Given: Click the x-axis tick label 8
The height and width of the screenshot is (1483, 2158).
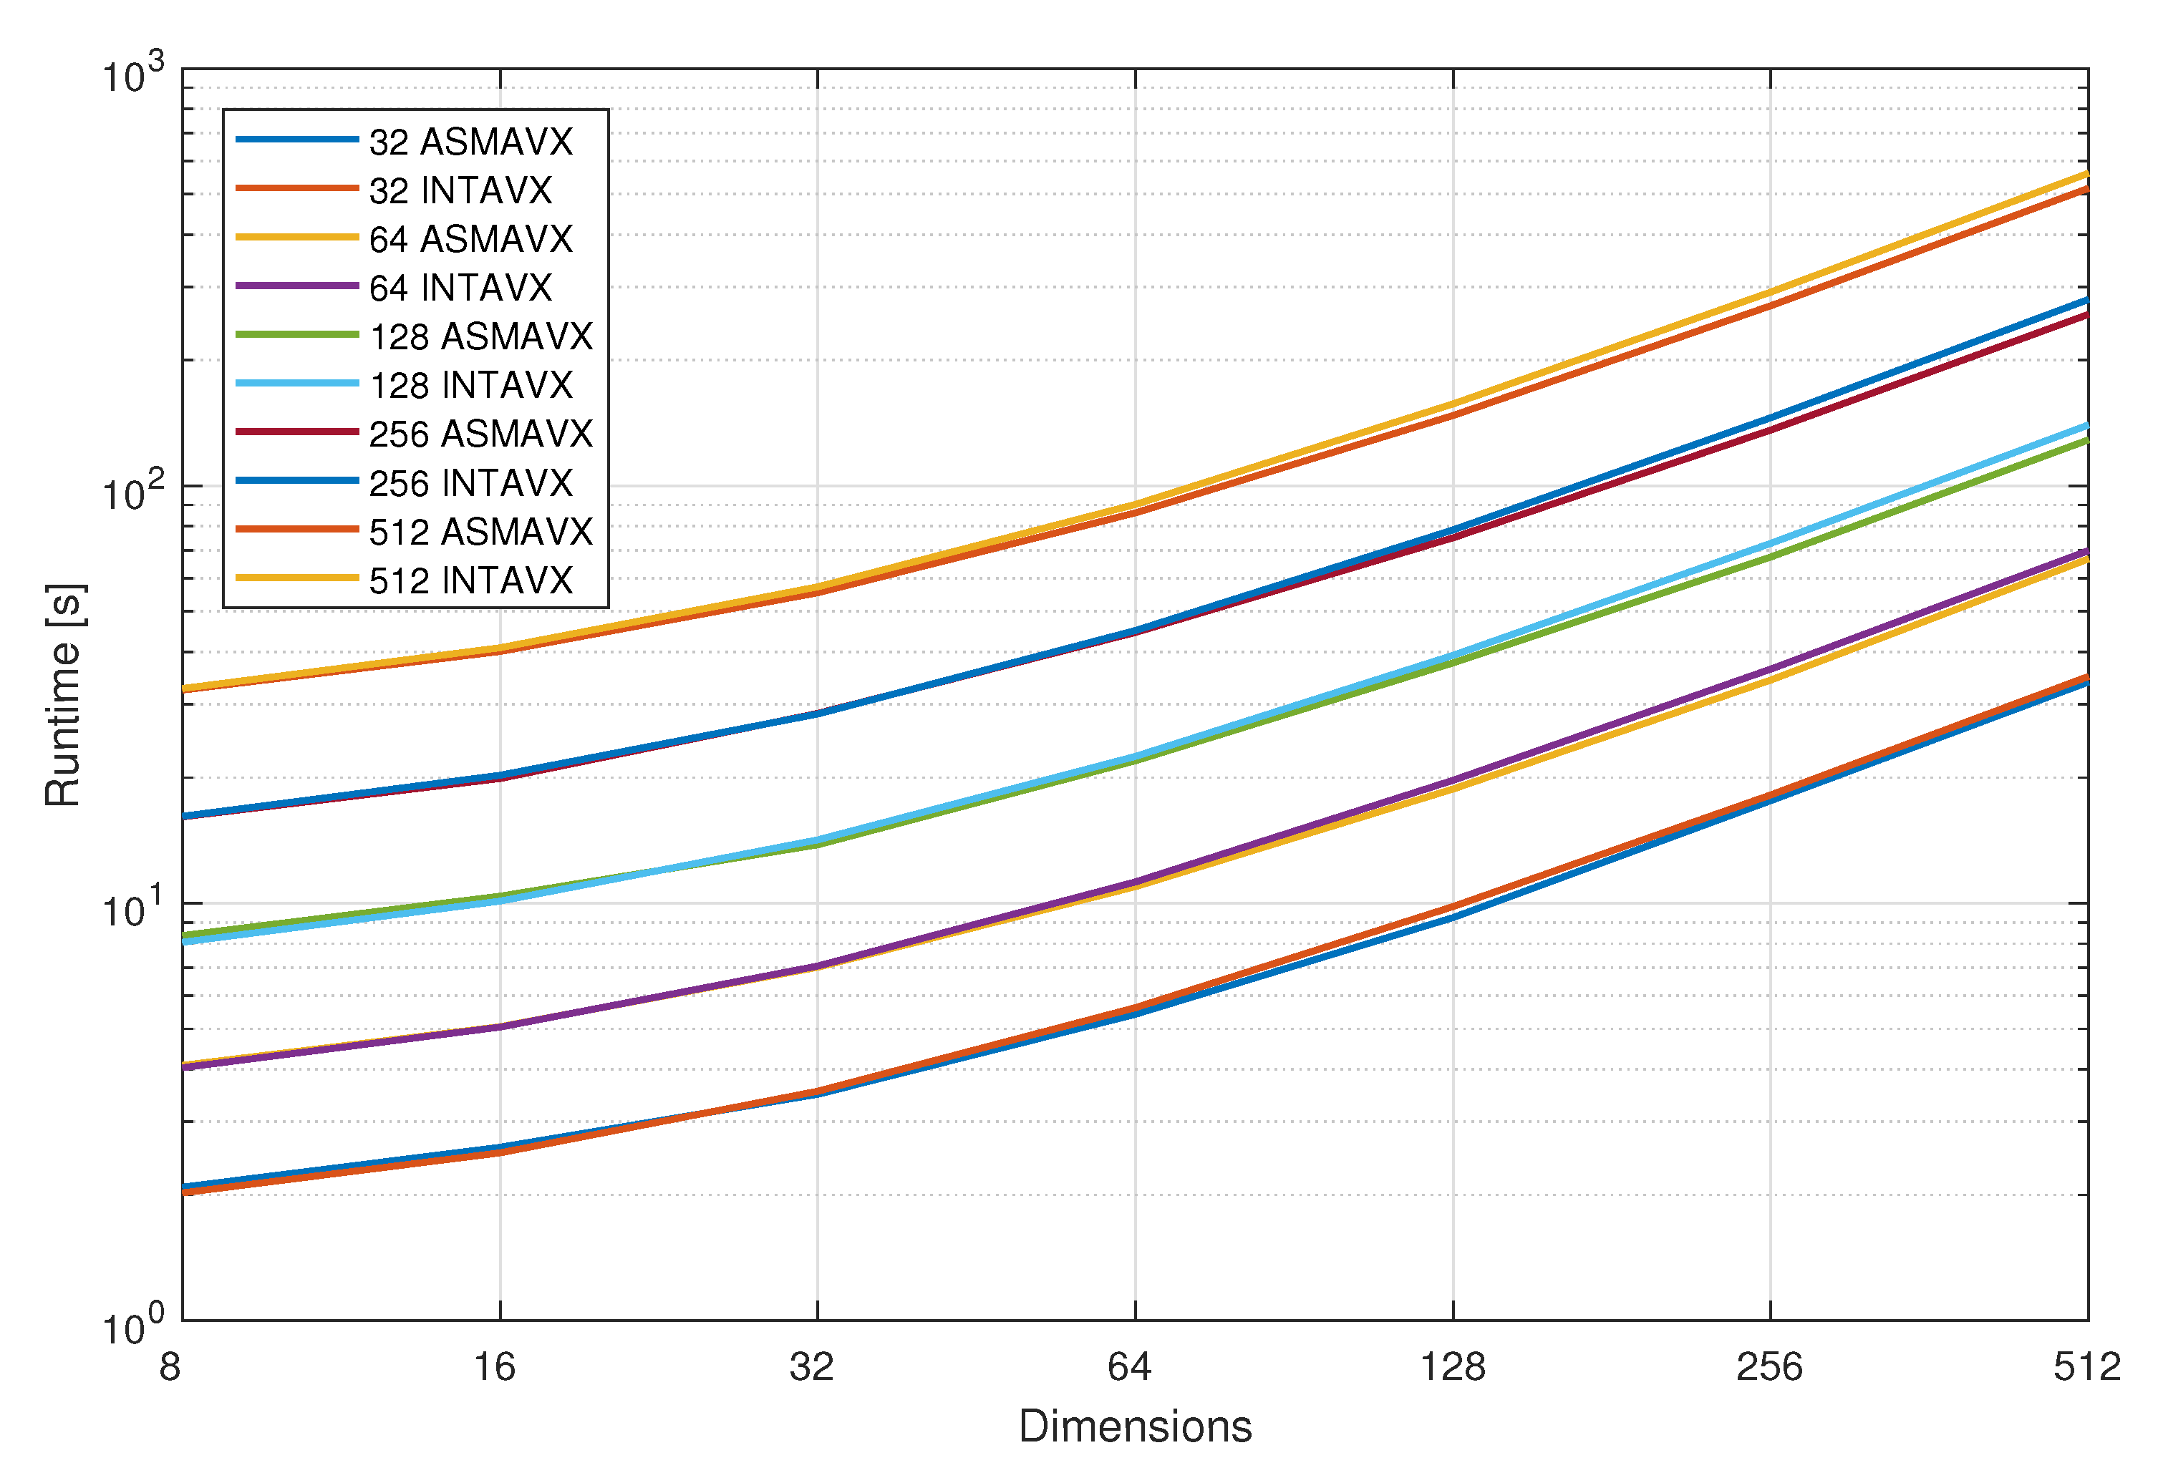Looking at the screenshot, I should (170, 1368).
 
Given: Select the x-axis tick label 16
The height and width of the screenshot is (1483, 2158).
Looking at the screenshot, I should (495, 1368).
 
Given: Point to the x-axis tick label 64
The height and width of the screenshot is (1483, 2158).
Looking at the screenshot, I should (1129, 1368).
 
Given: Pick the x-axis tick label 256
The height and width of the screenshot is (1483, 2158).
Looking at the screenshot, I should (1769, 1368).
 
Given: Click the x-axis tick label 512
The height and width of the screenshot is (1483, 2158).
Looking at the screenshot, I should (2087, 1368).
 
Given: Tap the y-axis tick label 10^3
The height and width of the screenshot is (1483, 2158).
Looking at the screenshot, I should (132, 74).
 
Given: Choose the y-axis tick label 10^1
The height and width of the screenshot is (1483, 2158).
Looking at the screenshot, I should (132, 910).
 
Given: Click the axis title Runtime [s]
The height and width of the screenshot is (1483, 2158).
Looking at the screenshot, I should (63, 695).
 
